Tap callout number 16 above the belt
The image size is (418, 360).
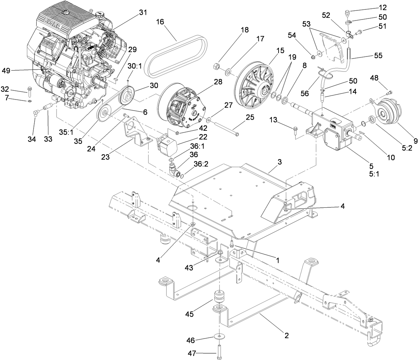tap(160, 22)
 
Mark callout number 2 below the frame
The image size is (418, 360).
tap(286, 335)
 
